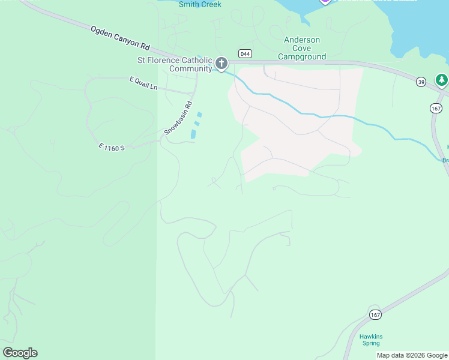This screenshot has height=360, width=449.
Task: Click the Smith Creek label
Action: click(200, 4)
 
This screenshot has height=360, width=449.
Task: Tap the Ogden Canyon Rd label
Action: click(120, 37)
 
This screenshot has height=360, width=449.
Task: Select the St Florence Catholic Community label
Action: click(175, 64)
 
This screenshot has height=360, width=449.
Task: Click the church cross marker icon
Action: click(221, 63)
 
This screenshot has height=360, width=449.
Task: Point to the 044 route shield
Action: click(244, 53)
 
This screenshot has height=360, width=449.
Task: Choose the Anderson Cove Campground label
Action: click(302, 48)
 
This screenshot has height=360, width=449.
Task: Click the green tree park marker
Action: click(442, 80)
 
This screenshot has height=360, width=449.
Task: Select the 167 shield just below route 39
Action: click(436, 108)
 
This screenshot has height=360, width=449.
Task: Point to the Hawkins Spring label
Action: click(371, 340)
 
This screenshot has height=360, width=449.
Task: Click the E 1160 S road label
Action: click(111, 146)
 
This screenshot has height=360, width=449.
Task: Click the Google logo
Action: click(20, 353)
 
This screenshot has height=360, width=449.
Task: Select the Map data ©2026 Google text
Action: click(412, 356)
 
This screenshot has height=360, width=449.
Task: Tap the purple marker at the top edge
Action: click(325, 2)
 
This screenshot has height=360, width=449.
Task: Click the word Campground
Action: click(302, 57)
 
